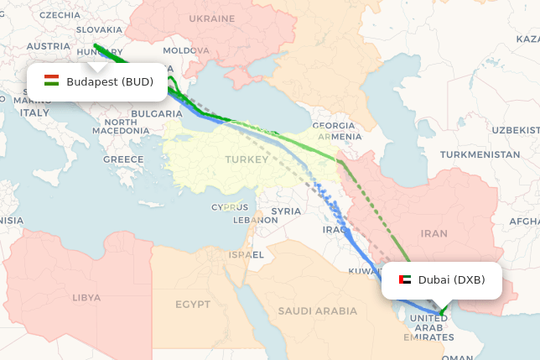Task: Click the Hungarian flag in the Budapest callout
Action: pyautogui.click(x=51, y=81)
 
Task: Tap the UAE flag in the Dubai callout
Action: pyautogui.click(x=405, y=279)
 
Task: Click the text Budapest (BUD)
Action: pyautogui.click(x=110, y=81)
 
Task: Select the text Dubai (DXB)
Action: pyautogui.click(x=451, y=279)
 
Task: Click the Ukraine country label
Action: pyautogui.click(x=211, y=18)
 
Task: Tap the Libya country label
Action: pyautogui.click(x=86, y=297)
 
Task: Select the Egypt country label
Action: pyautogui.click(x=194, y=304)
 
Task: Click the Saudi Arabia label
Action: pyautogui.click(x=318, y=310)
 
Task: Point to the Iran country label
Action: pyautogui.click(x=434, y=233)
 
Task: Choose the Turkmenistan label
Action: pyautogui.click(x=480, y=154)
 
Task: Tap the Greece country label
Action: pyautogui.click(x=123, y=159)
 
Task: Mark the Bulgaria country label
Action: pyautogui.click(x=157, y=112)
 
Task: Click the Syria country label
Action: pyautogui.click(x=286, y=211)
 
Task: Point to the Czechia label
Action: pyautogui.click(x=60, y=14)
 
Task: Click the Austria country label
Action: pyautogui.click(x=49, y=46)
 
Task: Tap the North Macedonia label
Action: pyautogui.click(x=121, y=126)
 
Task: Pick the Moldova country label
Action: pyautogui.click(x=185, y=50)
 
